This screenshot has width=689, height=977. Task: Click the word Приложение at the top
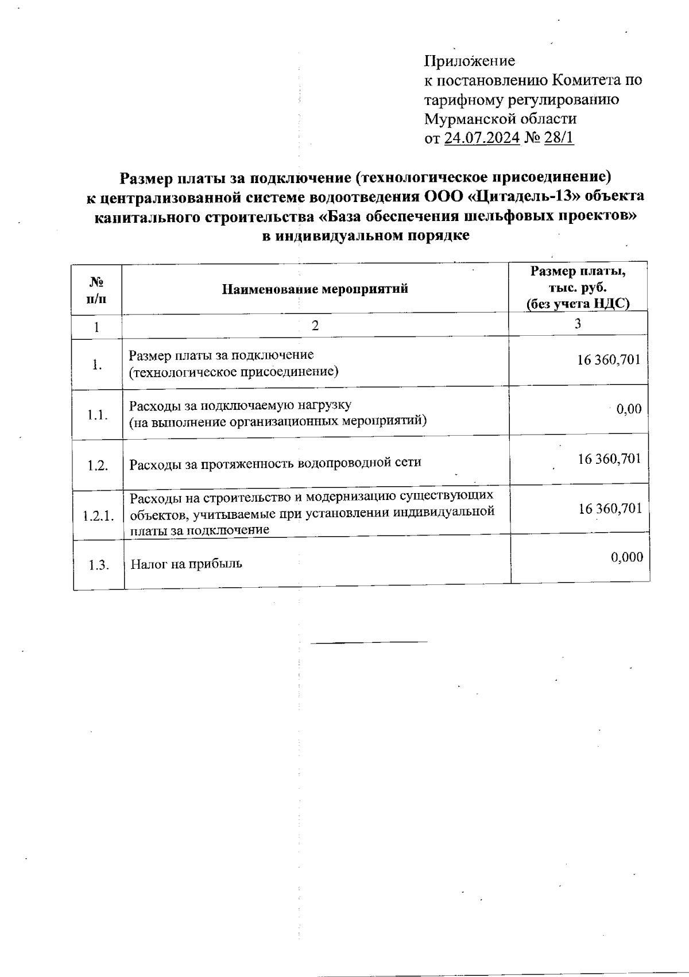[469, 61]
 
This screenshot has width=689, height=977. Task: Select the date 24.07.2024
[482, 138]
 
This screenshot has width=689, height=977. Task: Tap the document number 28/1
[559, 138]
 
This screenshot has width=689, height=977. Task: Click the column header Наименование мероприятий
[315, 289]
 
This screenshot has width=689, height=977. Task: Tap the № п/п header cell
[96, 289]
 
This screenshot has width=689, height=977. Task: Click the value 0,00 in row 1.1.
[629, 409]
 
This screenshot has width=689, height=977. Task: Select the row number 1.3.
[99, 565]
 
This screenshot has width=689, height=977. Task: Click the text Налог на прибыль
[187, 564]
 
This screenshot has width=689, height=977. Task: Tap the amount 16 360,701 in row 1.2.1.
[610, 509]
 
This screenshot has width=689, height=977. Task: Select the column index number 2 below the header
[315, 326]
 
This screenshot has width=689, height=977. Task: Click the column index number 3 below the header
[578, 324]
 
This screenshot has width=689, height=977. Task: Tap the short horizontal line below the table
[369, 641]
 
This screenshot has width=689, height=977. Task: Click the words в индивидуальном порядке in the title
[366, 236]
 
